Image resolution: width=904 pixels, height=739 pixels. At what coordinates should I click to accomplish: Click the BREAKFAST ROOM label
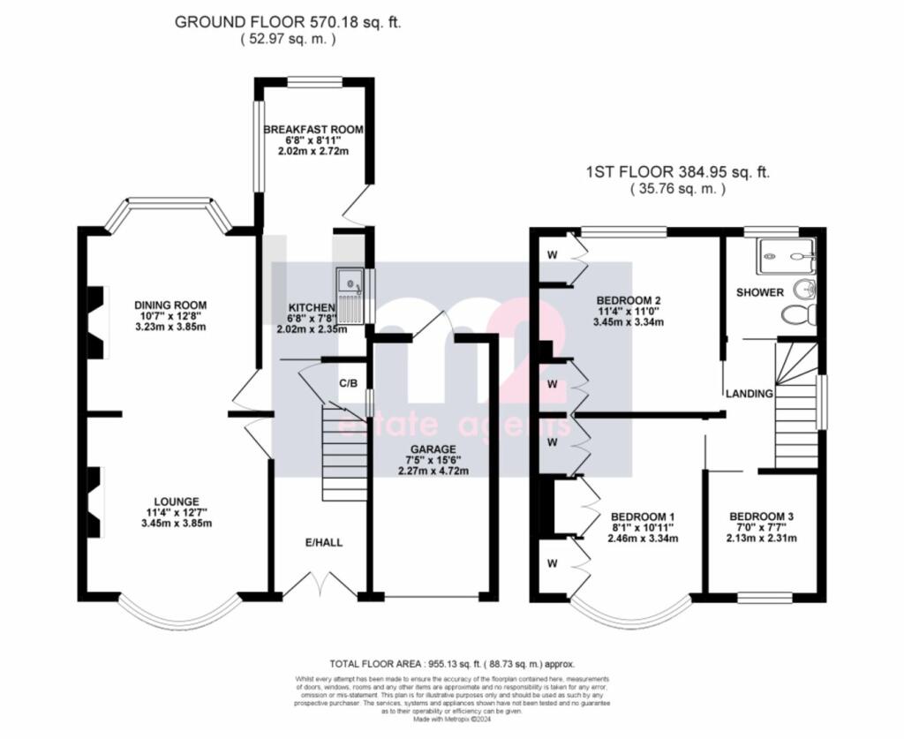pos(313,130)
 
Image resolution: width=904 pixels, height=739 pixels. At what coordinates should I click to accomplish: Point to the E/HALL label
pos(320,541)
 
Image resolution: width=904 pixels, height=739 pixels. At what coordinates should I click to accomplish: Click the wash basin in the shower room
pos(804,288)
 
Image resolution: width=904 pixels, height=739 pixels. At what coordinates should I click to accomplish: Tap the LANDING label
pos(750,393)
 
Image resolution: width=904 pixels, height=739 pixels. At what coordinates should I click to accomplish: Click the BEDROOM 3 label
pos(762,516)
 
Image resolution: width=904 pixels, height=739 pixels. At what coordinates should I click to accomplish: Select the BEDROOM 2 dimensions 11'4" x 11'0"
pos(628,311)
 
